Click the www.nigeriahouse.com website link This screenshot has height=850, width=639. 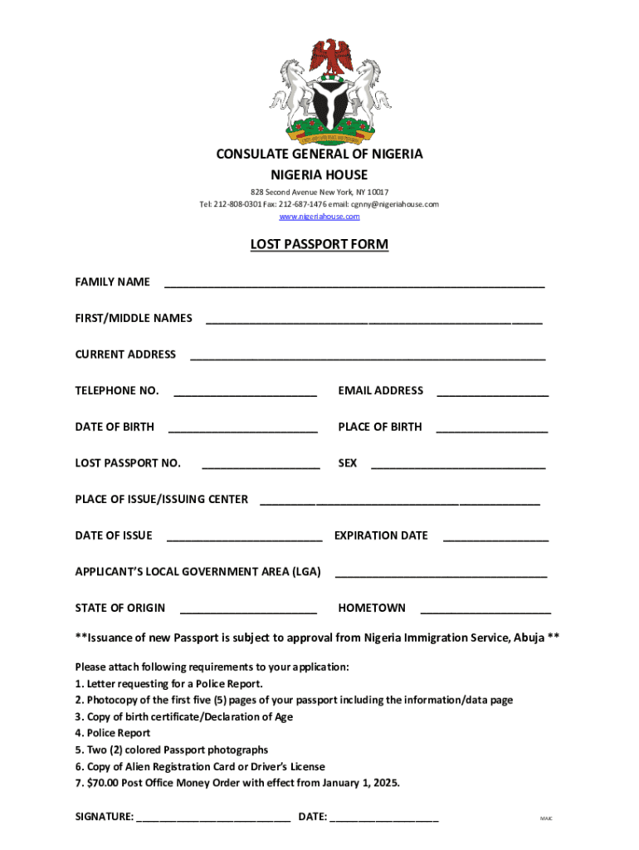tap(319, 217)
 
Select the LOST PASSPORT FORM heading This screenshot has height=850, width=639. tap(319, 245)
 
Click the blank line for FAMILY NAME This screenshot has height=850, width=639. tap(354, 285)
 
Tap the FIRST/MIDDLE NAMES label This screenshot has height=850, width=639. tap(134, 318)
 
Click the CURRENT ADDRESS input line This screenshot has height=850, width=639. tap(368, 358)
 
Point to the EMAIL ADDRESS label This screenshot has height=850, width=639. tap(380, 390)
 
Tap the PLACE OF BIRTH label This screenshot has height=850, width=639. tap(379, 427)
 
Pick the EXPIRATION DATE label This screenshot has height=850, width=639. tap(381, 535)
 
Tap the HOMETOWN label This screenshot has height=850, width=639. tap(372, 608)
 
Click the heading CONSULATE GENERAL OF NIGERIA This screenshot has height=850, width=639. tap(319, 154)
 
